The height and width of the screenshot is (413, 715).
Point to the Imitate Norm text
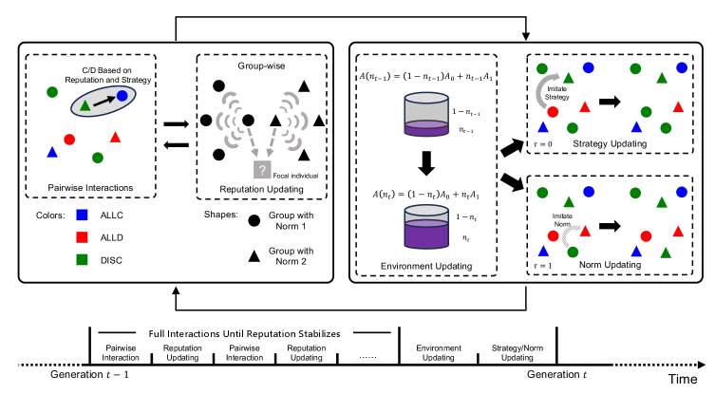(563, 218)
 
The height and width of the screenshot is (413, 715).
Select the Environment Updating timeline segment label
(435, 351)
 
